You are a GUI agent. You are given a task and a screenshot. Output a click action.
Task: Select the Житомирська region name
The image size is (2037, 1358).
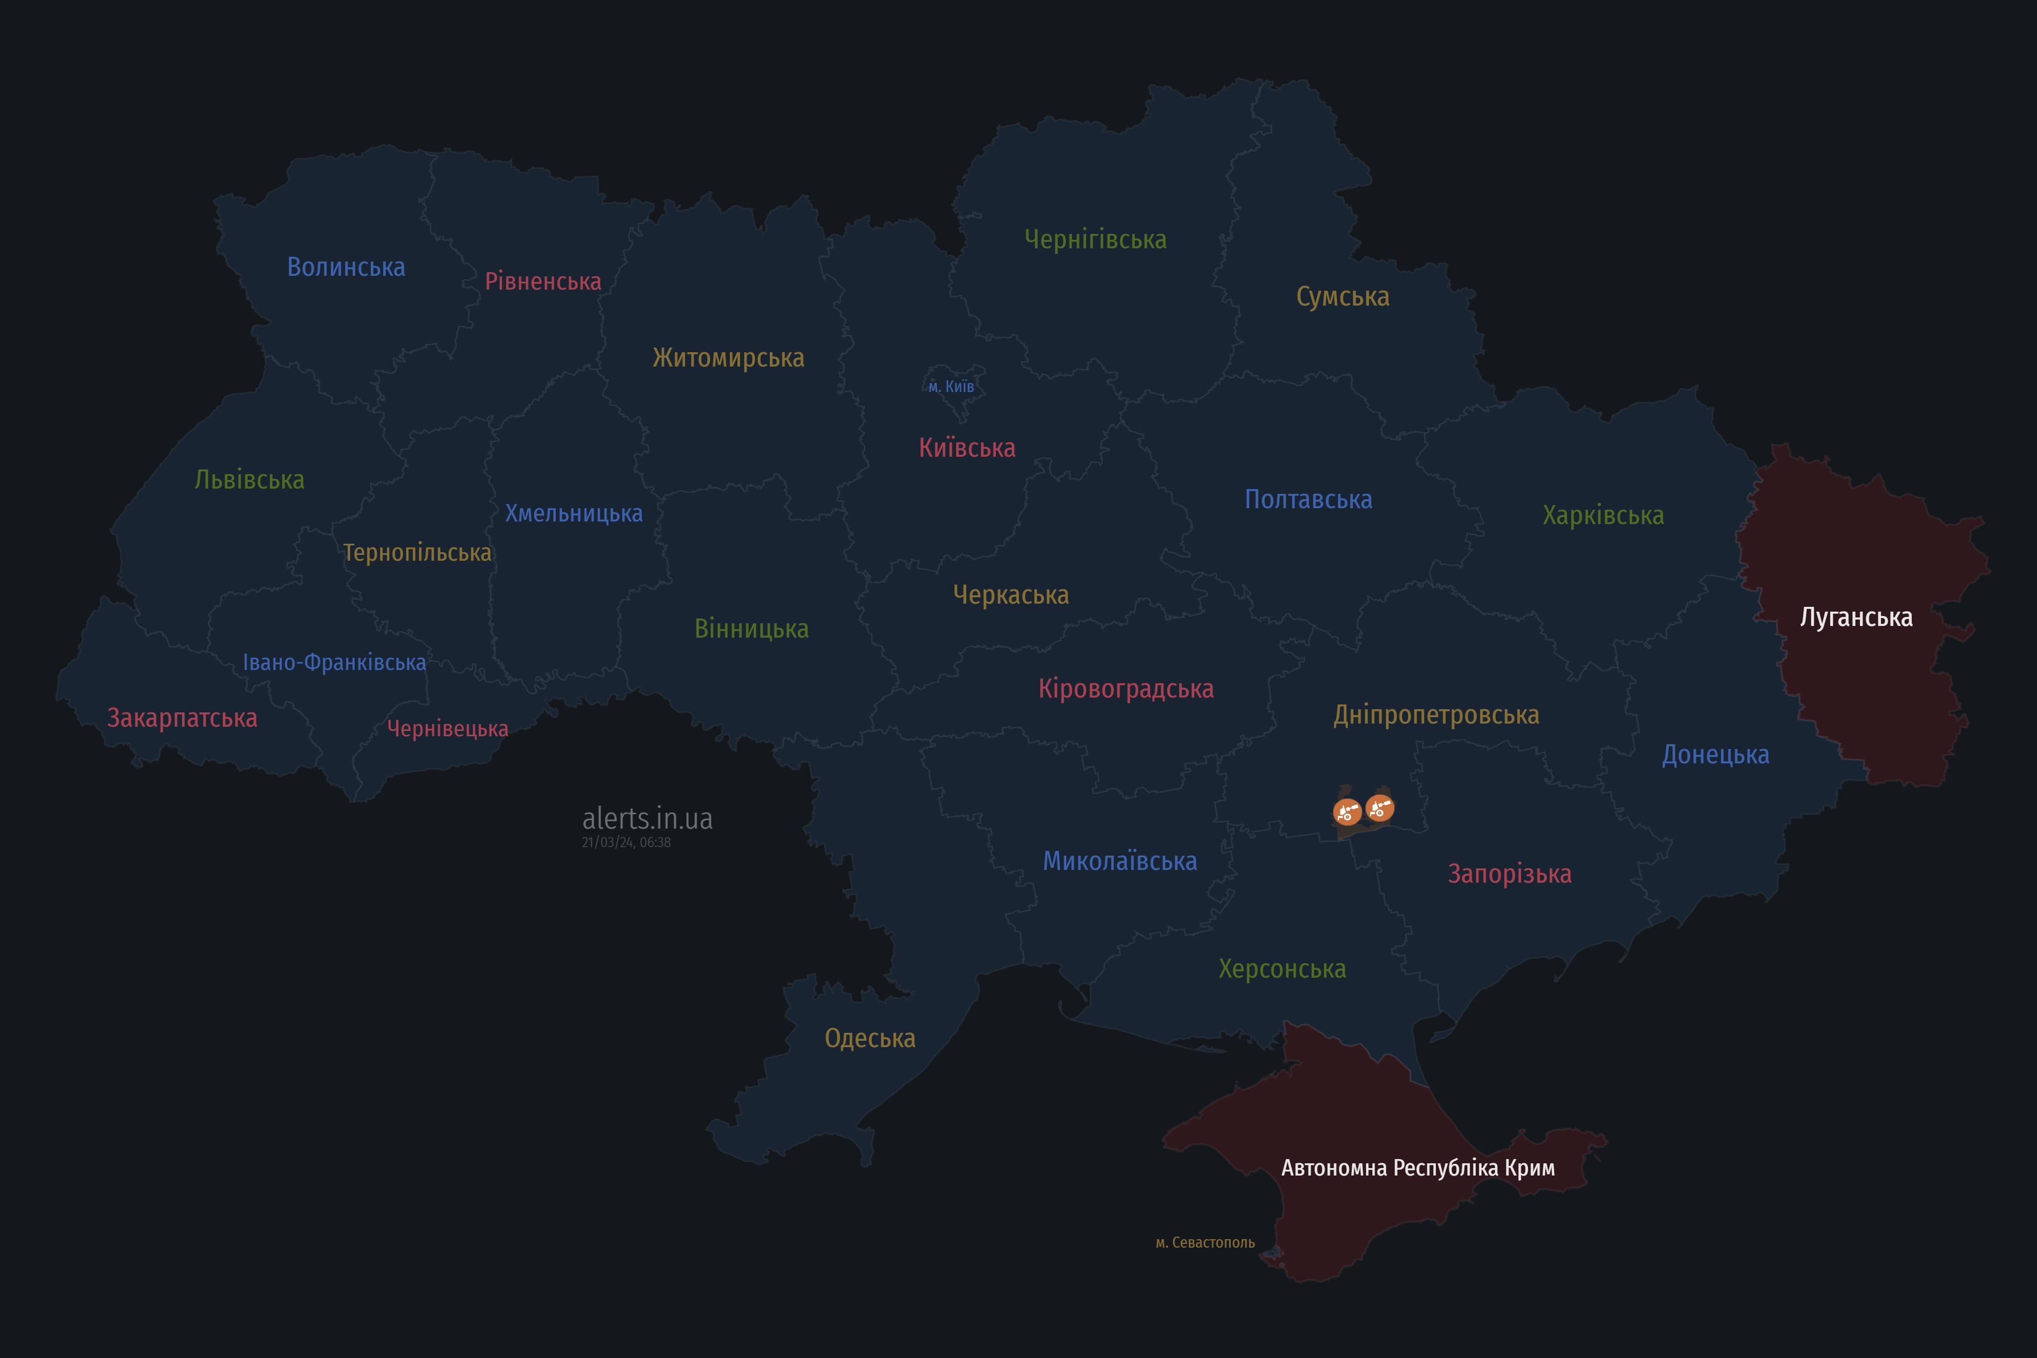(x=728, y=358)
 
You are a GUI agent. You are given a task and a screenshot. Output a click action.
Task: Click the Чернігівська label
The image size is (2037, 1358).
(x=1095, y=239)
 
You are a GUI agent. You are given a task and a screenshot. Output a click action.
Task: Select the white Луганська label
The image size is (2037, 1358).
(x=1856, y=617)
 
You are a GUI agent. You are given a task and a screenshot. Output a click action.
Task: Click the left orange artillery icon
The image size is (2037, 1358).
(x=1347, y=812)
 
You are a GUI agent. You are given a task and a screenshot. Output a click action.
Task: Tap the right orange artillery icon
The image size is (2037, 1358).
(x=1380, y=808)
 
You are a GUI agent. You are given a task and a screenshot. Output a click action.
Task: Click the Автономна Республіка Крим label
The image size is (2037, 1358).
(x=1418, y=1168)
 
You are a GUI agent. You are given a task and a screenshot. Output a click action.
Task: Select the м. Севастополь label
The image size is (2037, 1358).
(x=1205, y=1243)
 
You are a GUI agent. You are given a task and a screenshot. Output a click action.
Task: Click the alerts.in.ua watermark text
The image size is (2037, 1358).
(x=647, y=819)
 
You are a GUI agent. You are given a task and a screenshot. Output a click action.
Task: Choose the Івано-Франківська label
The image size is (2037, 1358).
(x=334, y=663)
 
